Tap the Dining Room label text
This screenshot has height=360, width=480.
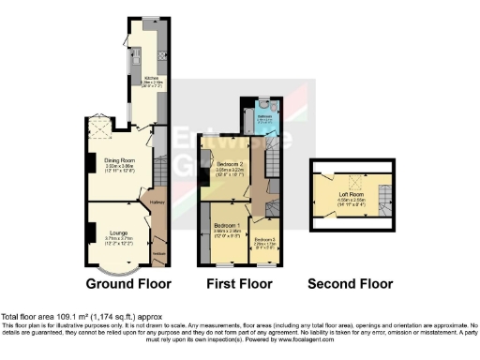(120, 160)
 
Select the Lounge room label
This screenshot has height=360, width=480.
(118, 232)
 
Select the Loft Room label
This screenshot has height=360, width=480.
(352, 193)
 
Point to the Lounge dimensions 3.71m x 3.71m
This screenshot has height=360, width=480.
(118, 239)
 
